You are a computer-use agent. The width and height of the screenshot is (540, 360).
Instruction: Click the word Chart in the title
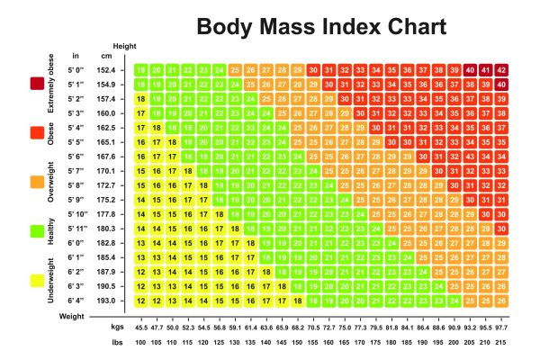pos(405,26)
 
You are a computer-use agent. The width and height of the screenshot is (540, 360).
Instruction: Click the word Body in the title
pos(226,26)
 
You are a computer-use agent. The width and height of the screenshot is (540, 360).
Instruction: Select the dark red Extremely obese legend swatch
pos(37,84)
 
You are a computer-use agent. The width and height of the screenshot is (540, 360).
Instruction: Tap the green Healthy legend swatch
pos(37,231)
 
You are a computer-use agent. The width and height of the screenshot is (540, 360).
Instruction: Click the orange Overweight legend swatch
pos(37,183)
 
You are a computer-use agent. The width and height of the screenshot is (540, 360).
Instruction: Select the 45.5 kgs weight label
pos(140,328)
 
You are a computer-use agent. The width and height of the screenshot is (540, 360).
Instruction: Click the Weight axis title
pos(72,317)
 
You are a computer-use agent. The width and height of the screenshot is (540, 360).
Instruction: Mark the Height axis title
pos(123,45)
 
